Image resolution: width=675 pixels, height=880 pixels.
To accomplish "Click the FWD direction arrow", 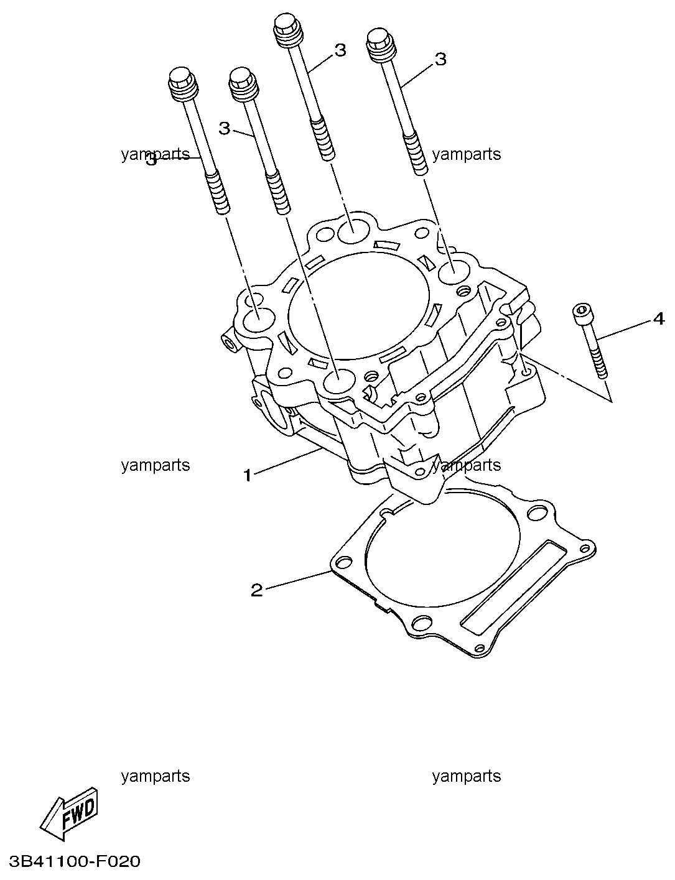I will [70, 817].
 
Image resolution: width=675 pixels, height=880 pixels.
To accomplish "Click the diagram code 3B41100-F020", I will [70, 861].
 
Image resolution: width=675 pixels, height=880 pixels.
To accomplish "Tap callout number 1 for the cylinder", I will [247, 476].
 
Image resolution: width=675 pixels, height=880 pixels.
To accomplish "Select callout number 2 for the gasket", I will [256, 590].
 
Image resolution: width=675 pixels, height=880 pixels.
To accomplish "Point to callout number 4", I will [658, 319].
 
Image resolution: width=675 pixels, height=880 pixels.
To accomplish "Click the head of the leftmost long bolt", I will [182, 82].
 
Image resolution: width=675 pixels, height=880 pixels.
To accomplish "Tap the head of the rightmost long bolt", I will [380, 45].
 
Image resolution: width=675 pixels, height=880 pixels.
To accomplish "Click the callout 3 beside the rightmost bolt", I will [440, 59].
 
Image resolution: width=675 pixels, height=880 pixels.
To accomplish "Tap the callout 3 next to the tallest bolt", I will [340, 50].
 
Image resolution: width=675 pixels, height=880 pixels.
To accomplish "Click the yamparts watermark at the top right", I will [466, 154].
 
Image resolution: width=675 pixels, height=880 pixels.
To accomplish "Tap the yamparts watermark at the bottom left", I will [156, 776].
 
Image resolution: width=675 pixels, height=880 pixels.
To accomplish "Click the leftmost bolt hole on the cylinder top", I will [256, 321].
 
